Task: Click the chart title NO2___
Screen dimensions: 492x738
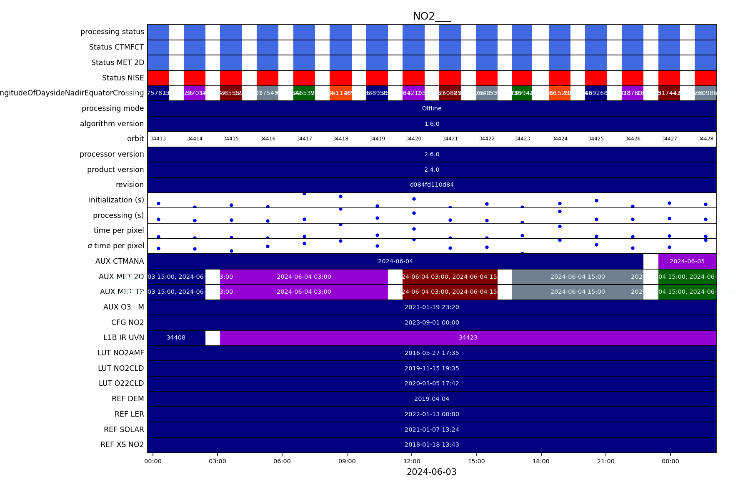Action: (431, 16)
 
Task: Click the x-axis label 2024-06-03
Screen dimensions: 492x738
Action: (431, 472)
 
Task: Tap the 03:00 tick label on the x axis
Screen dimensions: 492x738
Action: (218, 461)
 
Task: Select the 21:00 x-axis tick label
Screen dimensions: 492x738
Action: (605, 461)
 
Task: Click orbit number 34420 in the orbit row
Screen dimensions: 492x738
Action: (413, 139)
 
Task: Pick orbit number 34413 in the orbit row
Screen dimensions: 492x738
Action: (158, 139)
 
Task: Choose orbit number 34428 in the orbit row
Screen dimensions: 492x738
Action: (705, 139)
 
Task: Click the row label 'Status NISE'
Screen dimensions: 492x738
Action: (123, 78)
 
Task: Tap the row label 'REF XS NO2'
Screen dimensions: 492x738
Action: (122, 445)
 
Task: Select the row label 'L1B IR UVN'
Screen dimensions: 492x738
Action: (124, 337)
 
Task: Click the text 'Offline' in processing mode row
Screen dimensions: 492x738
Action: (431, 108)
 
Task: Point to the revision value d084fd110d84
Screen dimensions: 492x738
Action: (431, 185)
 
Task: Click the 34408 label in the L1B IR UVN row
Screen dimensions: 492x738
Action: (176, 337)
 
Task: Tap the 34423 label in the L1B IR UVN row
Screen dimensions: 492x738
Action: (468, 337)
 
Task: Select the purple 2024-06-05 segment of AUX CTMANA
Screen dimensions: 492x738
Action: (687, 261)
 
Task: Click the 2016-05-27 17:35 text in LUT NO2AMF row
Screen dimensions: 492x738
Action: (431, 353)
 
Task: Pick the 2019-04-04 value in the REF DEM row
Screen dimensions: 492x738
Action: (431, 399)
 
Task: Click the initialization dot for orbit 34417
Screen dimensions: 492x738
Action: (304, 194)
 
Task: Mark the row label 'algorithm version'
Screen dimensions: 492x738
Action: (112, 124)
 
